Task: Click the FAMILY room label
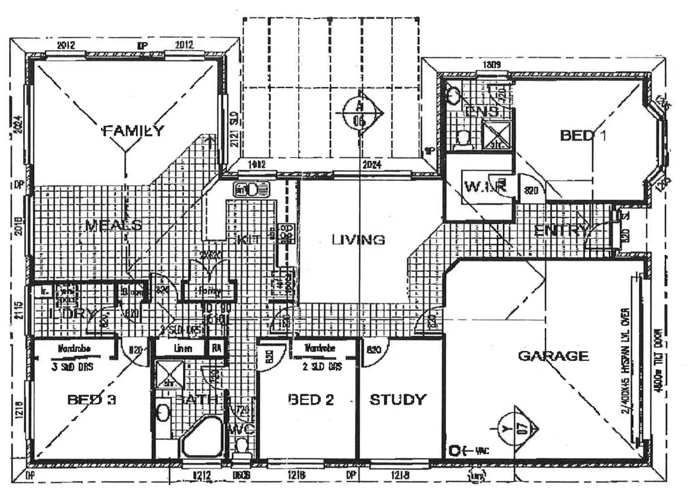coord(134,130)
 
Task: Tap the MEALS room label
coord(113,225)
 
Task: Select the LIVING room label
coord(358,240)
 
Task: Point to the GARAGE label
coord(553,356)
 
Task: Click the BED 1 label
coord(583,136)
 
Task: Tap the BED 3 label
coord(92,399)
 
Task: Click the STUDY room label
coord(398,400)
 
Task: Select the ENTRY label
coord(561,231)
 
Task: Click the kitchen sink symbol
coord(252,190)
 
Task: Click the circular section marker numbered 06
coord(360,113)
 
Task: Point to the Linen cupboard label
coord(183,349)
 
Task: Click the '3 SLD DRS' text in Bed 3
coord(72,367)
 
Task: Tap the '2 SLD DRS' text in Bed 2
coord(322,367)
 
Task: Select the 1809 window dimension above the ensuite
coord(491,64)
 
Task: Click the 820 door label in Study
coord(374,350)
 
